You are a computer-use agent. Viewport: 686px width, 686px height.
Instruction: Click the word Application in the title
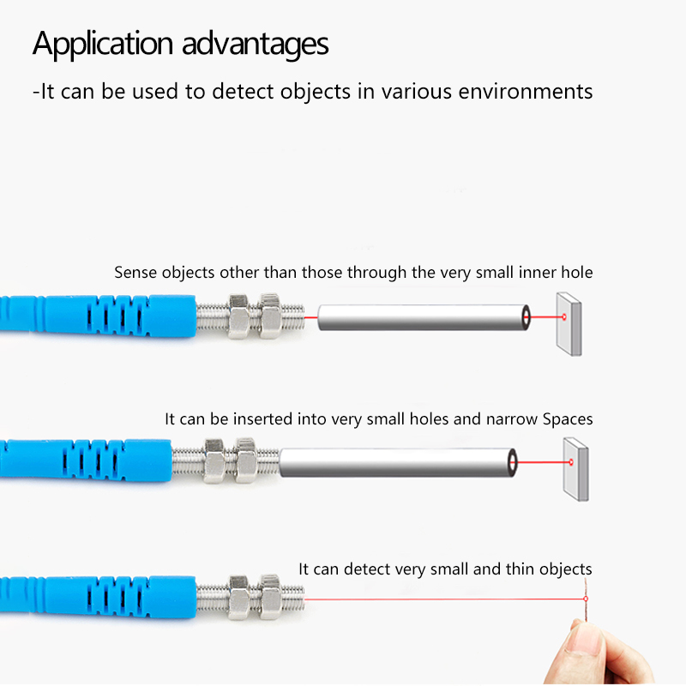pyautogui.click(x=103, y=45)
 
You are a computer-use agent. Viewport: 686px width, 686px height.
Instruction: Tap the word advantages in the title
pyautogui.click(x=255, y=45)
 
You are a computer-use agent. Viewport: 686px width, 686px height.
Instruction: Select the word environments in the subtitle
pyautogui.click(x=526, y=92)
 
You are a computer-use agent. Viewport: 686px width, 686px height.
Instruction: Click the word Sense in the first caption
pyautogui.click(x=135, y=273)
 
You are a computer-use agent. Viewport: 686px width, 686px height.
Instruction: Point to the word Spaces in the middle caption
pyautogui.click(x=568, y=419)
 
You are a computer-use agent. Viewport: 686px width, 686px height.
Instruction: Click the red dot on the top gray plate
pyautogui.click(x=564, y=316)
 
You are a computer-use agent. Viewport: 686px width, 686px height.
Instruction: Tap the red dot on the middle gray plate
pyautogui.click(x=571, y=462)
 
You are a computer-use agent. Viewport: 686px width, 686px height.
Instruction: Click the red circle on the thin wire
pyautogui.click(x=586, y=599)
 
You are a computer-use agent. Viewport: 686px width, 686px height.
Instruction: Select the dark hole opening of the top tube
pyautogui.click(x=526, y=317)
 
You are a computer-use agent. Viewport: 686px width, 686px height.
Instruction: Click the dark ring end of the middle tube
pyautogui.click(x=512, y=462)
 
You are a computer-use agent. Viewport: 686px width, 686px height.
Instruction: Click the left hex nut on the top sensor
pyautogui.click(x=239, y=316)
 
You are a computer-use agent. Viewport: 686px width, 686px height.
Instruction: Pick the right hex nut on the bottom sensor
pyautogui.click(x=270, y=597)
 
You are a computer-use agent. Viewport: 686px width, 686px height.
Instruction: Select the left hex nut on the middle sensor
pyautogui.click(x=214, y=460)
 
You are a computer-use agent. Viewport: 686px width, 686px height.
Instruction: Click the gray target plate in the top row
pyautogui.click(x=569, y=324)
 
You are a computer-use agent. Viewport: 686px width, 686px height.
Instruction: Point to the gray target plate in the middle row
pyautogui.click(x=575, y=469)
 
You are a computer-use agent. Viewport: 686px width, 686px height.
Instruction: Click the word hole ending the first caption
pyautogui.click(x=577, y=273)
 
